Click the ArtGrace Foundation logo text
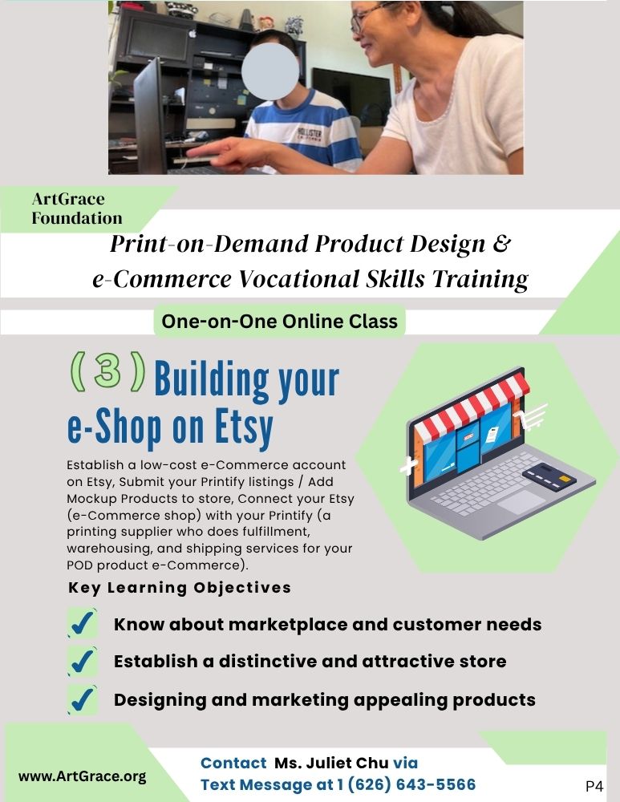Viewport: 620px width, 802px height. coord(77,209)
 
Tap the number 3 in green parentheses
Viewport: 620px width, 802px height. coord(107,371)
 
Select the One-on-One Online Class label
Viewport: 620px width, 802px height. coord(279,322)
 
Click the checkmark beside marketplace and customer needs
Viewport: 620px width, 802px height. coord(83,623)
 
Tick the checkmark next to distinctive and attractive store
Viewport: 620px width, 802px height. coord(83,661)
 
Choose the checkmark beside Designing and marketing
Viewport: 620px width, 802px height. coord(83,699)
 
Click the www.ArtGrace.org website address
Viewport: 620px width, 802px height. coord(82,776)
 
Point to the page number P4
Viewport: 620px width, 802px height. coord(594,786)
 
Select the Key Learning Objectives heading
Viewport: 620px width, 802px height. coord(180,588)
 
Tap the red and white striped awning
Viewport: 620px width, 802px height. coord(471,405)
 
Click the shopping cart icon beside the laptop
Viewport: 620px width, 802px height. coord(533,415)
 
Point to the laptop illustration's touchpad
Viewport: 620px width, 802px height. coord(522,502)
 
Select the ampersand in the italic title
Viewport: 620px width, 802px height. coord(502,244)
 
